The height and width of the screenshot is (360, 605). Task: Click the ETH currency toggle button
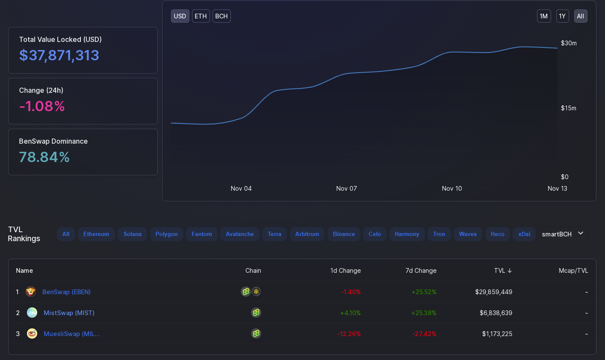click(x=201, y=16)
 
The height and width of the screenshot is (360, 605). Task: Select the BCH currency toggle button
click(x=221, y=16)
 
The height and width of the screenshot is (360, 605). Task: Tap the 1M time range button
click(x=544, y=16)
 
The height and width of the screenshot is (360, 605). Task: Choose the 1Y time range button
click(x=562, y=16)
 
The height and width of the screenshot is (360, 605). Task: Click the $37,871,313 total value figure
click(x=59, y=55)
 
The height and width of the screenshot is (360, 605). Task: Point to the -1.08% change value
click(x=42, y=106)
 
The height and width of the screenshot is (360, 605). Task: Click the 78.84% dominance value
click(x=44, y=157)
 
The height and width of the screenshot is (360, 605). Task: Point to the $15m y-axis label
click(x=569, y=108)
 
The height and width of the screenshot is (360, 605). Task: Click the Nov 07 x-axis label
click(x=346, y=189)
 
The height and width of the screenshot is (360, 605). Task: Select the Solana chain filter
click(x=133, y=234)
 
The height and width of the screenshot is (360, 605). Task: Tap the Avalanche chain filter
click(x=239, y=234)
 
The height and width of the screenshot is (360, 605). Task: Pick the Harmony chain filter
click(x=407, y=234)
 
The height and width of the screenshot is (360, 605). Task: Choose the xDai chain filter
click(x=524, y=234)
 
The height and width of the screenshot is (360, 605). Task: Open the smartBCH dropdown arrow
click(x=581, y=233)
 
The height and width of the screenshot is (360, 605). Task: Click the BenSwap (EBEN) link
click(x=66, y=292)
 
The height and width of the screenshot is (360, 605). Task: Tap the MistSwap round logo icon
click(x=32, y=313)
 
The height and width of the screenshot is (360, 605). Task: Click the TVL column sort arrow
click(x=510, y=271)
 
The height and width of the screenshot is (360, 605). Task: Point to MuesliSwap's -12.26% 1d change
click(x=349, y=334)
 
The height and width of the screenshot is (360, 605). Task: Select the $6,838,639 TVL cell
click(x=496, y=313)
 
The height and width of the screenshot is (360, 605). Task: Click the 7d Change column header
click(x=421, y=271)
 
